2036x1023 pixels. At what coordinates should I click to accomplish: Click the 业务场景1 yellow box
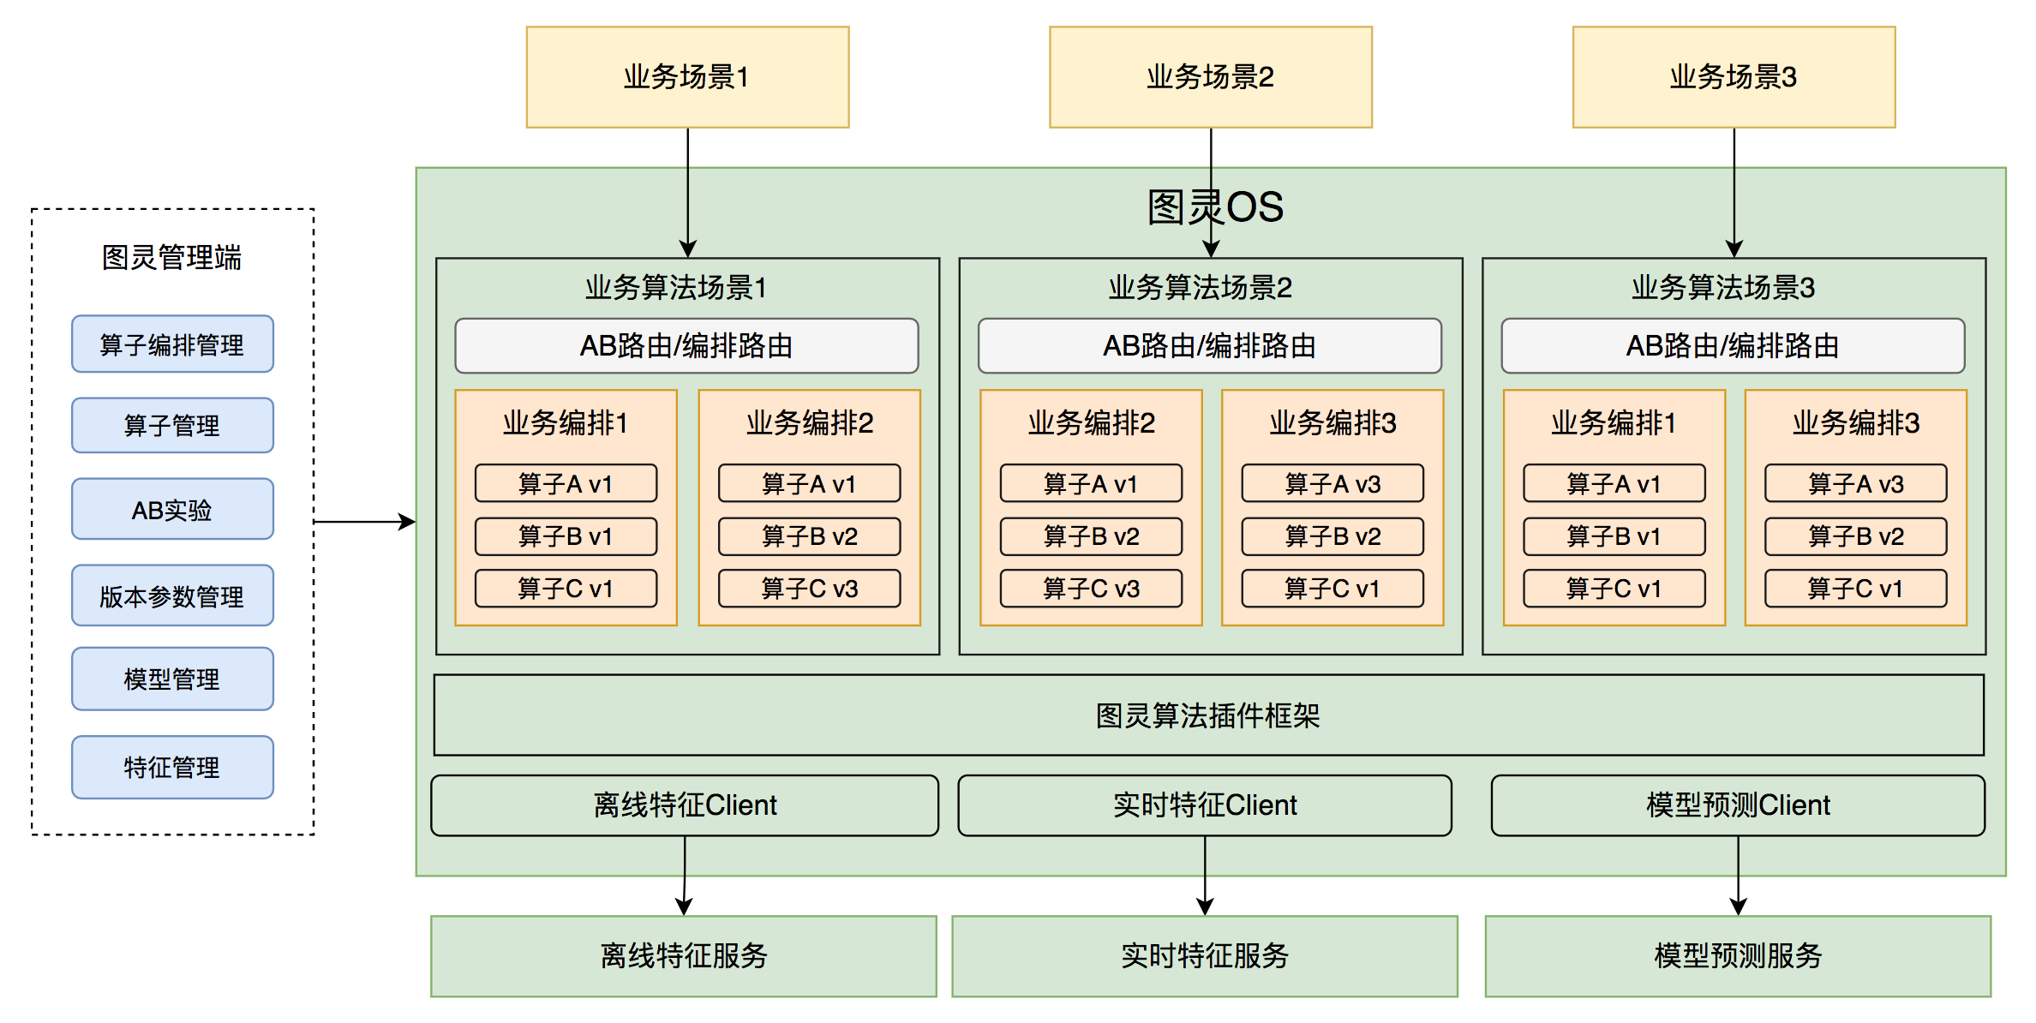coord(687,77)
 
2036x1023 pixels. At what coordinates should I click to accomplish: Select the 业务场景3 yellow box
coord(1734,77)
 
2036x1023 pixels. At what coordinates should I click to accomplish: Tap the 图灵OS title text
coord(1215,207)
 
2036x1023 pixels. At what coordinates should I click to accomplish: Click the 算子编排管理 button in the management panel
coord(172,344)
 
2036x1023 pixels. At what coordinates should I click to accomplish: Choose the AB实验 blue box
coord(172,510)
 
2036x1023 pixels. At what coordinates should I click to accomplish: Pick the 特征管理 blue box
coord(172,767)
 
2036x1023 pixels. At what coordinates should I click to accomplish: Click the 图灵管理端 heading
coord(171,257)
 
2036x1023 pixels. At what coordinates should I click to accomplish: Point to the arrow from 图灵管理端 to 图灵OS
coord(364,521)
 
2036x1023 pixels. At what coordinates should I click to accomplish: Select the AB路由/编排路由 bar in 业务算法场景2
coord(1209,346)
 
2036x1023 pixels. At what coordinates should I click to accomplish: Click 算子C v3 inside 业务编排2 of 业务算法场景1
coord(809,589)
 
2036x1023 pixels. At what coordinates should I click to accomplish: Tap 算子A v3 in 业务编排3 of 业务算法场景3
coord(1855,484)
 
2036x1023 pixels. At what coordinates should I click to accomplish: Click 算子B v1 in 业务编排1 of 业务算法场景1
coord(566,536)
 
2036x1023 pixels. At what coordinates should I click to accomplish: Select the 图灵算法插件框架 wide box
coord(1208,715)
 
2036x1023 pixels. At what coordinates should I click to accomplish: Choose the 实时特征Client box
coord(1205,805)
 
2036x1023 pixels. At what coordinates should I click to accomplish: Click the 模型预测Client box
coord(1738,805)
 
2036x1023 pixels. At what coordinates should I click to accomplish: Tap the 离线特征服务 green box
coord(684,955)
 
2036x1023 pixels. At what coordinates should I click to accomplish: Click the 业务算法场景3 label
coord(1722,288)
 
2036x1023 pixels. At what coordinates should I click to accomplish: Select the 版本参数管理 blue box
coord(172,595)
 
